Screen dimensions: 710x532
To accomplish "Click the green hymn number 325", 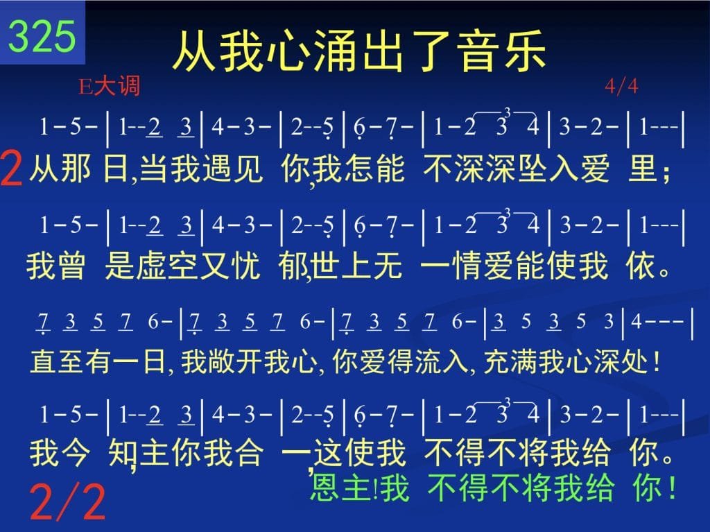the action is coord(42,36).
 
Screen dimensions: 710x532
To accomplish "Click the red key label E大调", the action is coord(109,86).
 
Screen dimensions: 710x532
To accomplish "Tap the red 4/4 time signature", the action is coord(621,85).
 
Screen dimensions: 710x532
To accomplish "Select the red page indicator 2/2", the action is coord(67,501).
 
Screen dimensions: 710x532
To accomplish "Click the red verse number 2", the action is coord(11,169).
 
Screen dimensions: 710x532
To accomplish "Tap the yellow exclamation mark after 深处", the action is coord(657,361).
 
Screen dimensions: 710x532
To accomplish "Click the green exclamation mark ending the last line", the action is coord(671,487).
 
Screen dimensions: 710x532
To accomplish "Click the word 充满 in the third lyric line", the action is coord(510,362).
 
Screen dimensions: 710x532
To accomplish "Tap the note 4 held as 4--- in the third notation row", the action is coord(637,322).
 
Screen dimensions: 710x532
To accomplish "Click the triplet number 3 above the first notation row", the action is coord(507,112).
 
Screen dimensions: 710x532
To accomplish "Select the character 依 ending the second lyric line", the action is coord(640,266).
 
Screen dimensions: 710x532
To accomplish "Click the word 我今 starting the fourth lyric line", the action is coord(59,452).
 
